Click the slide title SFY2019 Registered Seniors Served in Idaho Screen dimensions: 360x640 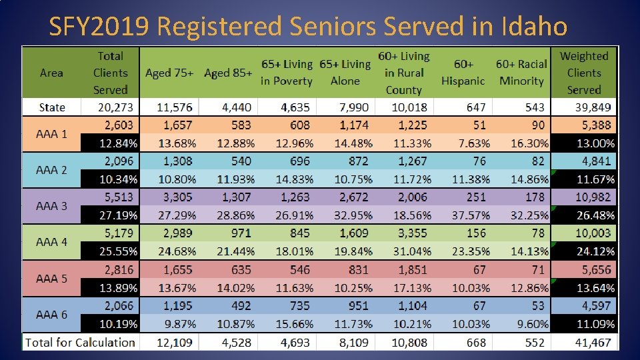(308, 27)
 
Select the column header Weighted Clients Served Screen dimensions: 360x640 (584, 73)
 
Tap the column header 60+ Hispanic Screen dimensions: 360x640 (463, 73)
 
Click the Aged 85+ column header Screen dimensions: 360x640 (228, 73)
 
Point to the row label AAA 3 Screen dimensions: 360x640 (51, 206)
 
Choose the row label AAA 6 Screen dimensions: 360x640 (51, 315)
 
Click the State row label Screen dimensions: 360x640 (52, 107)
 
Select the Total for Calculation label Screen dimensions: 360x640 (80, 342)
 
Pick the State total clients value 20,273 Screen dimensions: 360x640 (111, 107)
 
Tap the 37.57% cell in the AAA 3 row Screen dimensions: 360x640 (471, 215)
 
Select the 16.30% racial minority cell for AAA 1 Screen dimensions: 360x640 (529, 143)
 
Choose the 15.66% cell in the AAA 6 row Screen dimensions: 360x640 (293, 324)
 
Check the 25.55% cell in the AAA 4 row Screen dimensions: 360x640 (119, 251)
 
